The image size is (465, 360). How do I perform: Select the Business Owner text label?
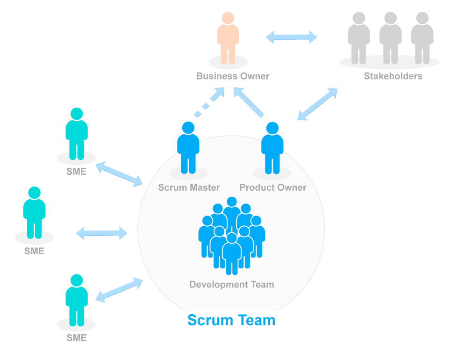tap(232, 76)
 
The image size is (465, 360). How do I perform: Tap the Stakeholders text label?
tap(393, 76)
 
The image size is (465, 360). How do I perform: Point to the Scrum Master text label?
tap(189, 187)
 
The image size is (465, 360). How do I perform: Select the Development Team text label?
tap(231, 284)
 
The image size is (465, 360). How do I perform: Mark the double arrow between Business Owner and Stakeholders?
tap(292, 37)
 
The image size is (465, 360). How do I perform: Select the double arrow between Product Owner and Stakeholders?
tap(318, 104)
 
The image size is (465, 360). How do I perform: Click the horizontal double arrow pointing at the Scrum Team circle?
tap(102, 233)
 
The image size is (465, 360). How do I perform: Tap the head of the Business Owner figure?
tap(228, 18)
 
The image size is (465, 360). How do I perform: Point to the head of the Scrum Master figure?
tap(188, 128)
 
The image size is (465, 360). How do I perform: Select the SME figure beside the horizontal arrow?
tap(34, 213)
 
